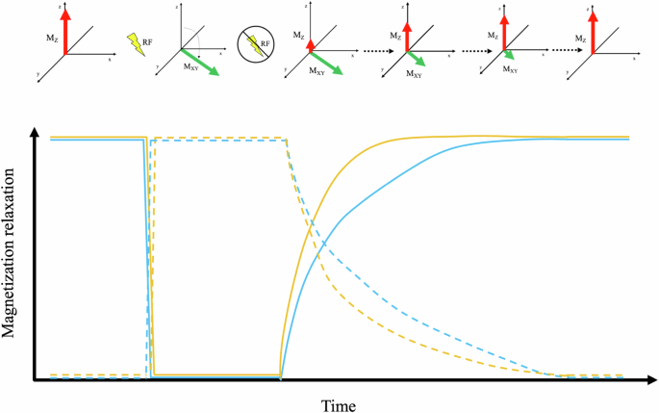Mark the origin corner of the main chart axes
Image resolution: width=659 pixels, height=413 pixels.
click(x=37, y=379)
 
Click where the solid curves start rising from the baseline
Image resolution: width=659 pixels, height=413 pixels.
click(x=280, y=376)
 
